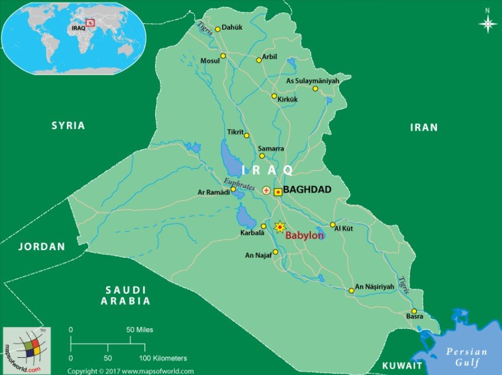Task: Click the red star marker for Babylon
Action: click(279, 227)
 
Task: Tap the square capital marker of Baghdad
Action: click(278, 191)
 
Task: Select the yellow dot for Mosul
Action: click(223, 56)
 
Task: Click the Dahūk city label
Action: click(232, 28)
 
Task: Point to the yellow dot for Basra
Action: click(414, 312)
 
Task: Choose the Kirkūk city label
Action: click(287, 100)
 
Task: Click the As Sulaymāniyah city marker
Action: click(316, 89)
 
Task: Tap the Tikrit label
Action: click(235, 132)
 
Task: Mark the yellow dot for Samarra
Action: click(262, 156)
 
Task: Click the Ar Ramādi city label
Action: click(213, 193)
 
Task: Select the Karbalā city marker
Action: click(263, 226)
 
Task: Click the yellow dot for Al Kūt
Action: click(333, 225)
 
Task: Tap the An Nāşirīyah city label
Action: click(374, 287)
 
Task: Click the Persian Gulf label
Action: click(467, 357)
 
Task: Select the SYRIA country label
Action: click(68, 126)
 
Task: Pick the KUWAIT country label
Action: click(403, 366)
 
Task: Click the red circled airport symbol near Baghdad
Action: click(266, 191)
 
